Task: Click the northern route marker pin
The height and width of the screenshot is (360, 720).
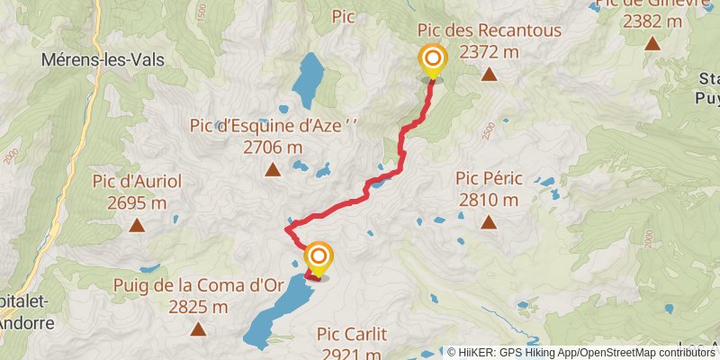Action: pyautogui.click(x=433, y=61)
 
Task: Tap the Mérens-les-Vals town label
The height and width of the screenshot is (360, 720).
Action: pyautogui.click(x=96, y=61)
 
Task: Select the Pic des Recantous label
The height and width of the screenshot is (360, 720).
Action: pyautogui.click(x=489, y=31)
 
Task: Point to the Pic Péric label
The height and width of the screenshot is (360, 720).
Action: pyautogui.click(x=489, y=179)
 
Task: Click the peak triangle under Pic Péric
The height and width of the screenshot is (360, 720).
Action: pyautogui.click(x=489, y=221)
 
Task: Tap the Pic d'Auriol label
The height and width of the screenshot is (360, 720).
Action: pyautogui.click(x=137, y=182)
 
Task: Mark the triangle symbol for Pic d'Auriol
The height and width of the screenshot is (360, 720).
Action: pyautogui.click(x=137, y=225)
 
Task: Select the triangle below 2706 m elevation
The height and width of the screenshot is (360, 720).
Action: pyautogui.click(x=272, y=169)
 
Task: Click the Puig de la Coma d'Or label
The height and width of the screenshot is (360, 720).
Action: pyautogui.click(x=198, y=286)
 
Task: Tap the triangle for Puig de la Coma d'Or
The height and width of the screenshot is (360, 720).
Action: pyautogui.click(x=198, y=329)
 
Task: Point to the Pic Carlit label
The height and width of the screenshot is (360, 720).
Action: pyautogui.click(x=352, y=335)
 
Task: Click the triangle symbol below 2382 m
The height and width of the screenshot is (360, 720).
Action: pyautogui.click(x=652, y=42)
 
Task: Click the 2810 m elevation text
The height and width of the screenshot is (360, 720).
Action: pyautogui.click(x=489, y=199)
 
